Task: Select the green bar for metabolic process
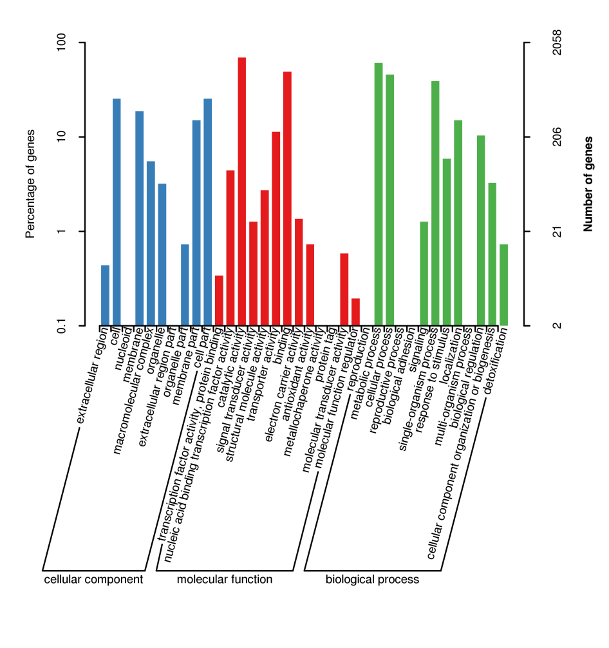tap(379, 194)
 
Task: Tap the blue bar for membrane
tap(140, 218)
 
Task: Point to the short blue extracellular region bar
tap(106, 296)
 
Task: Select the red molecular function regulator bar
tap(355, 312)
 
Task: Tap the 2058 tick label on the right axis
tap(557, 43)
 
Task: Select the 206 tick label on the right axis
tap(557, 137)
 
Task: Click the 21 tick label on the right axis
tap(557, 232)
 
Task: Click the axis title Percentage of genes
tap(30, 184)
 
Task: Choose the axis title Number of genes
tap(587, 184)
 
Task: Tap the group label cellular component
tap(93, 580)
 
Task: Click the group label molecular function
tap(225, 580)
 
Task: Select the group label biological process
tap(372, 580)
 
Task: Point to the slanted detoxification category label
tap(496, 363)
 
